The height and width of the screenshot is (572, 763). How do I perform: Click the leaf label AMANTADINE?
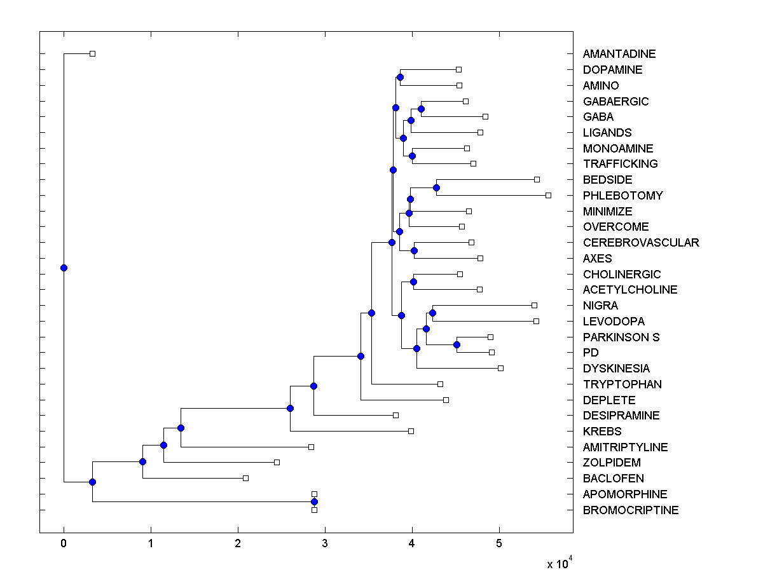click(x=619, y=54)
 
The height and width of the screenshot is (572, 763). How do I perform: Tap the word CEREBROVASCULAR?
click(x=640, y=243)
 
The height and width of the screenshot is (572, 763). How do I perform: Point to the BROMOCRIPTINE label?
click(x=630, y=510)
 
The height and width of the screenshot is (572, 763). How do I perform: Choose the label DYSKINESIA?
click(x=616, y=369)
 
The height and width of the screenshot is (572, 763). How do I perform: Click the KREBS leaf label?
click(x=601, y=432)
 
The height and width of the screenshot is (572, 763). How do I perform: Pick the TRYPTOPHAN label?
click(x=622, y=385)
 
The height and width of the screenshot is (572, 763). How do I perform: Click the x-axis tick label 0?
click(x=64, y=543)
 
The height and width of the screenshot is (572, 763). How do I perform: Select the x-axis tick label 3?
click(x=325, y=543)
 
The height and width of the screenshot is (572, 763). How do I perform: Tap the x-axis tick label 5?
click(x=499, y=543)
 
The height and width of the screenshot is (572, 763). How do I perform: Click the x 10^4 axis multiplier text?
click(x=559, y=563)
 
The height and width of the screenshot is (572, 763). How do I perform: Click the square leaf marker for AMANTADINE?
click(x=92, y=53)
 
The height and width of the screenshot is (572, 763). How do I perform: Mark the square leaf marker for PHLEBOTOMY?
click(x=548, y=195)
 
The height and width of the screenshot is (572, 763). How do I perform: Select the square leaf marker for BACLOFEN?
click(x=246, y=478)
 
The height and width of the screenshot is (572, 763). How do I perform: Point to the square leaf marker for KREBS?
click(x=411, y=431)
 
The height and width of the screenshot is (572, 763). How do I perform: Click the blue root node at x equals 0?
click(x=64, y=268)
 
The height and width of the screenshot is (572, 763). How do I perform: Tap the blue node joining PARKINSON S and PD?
click(x=457, y=344)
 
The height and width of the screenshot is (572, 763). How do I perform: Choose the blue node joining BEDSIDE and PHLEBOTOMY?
click(x=436, y=187)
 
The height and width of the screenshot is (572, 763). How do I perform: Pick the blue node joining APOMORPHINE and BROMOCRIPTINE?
click(x=314, y=502)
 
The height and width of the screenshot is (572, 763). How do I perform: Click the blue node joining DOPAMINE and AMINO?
click(x=400, y=78)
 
